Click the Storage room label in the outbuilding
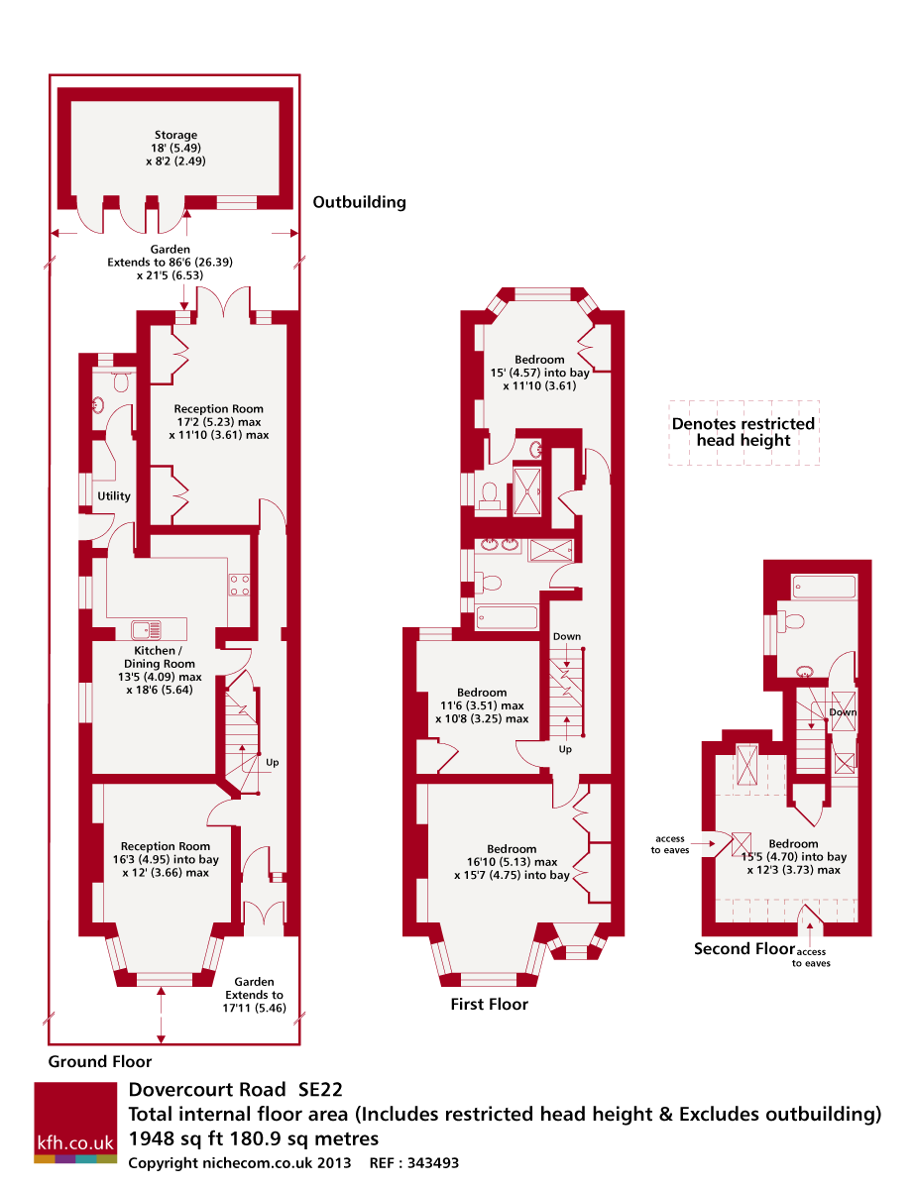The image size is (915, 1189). point(175,135)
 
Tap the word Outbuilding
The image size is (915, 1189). point(359,202)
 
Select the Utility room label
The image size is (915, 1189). point(114,495)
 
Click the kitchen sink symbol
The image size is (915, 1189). point(146,629)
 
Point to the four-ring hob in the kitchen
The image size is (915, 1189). point(239,585)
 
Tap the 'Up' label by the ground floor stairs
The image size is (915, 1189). point(272,762)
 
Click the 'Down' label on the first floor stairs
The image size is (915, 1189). point(566,636)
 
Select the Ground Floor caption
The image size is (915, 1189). point(99,1061)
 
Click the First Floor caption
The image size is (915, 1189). point(489,1004)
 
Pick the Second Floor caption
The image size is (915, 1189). point(743,948)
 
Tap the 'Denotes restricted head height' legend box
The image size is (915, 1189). point(743,433)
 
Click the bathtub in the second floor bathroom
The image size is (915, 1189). point(824,587)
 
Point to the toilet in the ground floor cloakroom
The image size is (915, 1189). point(121,381)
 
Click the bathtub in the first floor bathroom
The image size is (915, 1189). point(507,616)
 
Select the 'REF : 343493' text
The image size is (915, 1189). point(413,1162)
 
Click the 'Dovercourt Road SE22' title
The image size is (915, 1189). point(235,1090)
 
